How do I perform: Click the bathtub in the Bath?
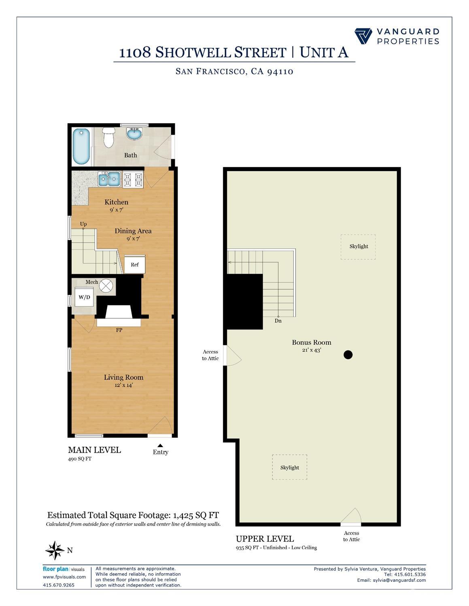[82, 146]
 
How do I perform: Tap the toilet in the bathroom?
[108, 137]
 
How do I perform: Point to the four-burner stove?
[133, 179]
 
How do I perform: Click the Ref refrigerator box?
[134, 264]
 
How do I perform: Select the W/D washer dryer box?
[84, 297]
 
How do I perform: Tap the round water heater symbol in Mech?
[106, 285]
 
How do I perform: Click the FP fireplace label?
[119, 330]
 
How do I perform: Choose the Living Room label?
[123, 377]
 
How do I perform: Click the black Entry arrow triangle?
[160, 446]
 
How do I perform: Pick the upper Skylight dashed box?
[358, 247]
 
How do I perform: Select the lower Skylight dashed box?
[289, 467]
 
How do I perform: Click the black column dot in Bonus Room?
[348, 355]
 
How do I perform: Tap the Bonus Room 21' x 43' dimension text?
[311, 350]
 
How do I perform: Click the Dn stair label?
[278, 321]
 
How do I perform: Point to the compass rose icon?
[55, 550]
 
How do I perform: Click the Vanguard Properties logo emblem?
[363, 36]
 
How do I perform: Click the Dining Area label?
[133, 231]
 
